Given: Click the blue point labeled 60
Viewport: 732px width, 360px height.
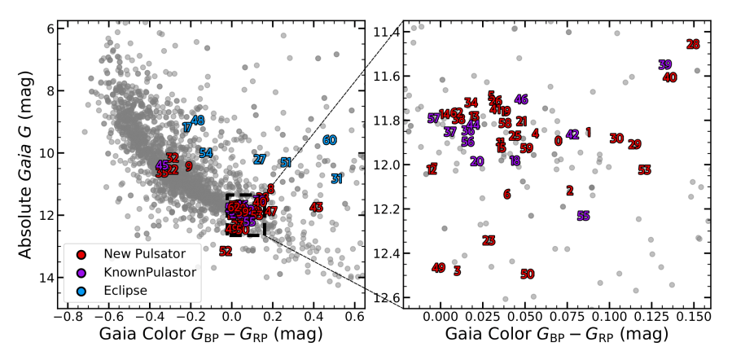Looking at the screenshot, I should tap(330, 140).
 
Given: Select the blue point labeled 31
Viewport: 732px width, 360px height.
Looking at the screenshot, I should tap(337, 178).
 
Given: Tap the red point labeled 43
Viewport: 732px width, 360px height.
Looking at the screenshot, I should tap(317, 208).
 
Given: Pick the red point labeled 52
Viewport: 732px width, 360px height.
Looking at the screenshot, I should tap(226, 251).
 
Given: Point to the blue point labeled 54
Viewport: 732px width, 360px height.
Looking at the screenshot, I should tap(206, 153).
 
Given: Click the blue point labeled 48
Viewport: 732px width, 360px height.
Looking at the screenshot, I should tap(198, 121).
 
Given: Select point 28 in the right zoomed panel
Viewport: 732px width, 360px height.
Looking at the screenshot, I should tap(693, 45).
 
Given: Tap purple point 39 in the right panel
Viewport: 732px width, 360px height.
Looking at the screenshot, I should tap(665, 65).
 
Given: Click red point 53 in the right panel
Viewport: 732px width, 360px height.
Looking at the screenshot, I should tap(645, 170).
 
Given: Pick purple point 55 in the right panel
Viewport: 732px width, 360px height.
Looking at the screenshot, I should tap(583, 216).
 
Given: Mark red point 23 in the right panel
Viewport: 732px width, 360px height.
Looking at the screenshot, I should tap(489, 240).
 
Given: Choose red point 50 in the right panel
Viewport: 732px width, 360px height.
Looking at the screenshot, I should tap(528, 274).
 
